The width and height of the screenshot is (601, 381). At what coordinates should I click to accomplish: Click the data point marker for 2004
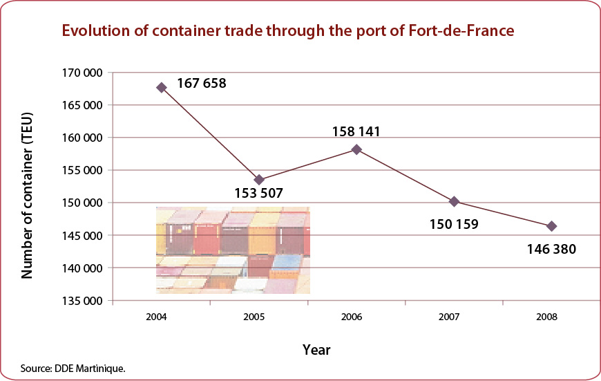coord(162,88)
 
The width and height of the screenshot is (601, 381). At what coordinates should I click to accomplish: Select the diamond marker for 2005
coord(259,180)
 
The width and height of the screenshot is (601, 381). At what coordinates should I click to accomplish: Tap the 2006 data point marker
coord(356,149)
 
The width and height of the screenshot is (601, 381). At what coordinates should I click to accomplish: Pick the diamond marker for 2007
coord(454,201)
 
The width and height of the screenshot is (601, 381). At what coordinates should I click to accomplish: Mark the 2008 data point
coord(551,226)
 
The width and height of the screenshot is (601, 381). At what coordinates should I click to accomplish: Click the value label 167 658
coord(202,83)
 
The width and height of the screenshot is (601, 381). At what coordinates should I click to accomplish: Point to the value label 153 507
coord(259,193)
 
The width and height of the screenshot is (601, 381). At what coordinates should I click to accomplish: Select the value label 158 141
coord(356,131)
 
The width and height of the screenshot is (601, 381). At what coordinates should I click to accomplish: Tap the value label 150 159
coord(454,224)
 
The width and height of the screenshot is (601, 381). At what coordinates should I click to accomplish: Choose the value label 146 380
coord(551,250)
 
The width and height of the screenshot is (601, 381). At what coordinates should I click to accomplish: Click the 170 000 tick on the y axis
coord(82,73)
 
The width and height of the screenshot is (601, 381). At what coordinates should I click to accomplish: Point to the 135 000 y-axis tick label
coord(82,301)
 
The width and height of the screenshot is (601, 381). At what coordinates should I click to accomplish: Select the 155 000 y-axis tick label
coord(82,170)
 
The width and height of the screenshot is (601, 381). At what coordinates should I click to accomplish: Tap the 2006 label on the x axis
coord(352,317)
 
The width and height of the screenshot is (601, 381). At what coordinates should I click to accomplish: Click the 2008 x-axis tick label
coord(546,317)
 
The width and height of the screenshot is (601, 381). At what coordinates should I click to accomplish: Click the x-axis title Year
coord(316,350)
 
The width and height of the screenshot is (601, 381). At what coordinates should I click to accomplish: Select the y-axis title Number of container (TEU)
coord(27,195)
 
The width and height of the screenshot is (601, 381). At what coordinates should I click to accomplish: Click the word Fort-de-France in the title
coord(461,30)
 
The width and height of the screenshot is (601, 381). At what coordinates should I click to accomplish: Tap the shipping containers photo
coord(233,250)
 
